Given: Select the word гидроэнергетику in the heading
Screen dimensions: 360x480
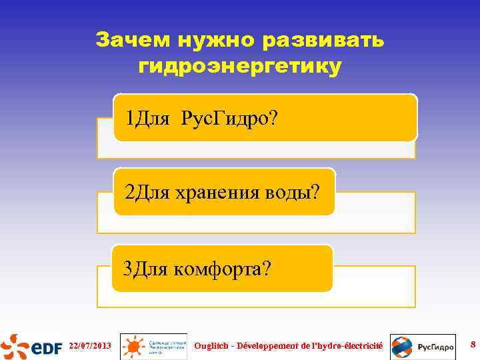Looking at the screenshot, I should coord(240,67).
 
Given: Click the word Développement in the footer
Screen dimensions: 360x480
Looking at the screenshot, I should coord(267,346).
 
